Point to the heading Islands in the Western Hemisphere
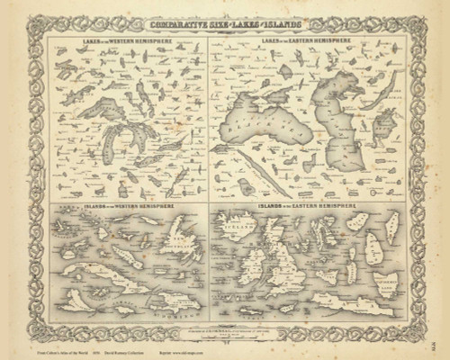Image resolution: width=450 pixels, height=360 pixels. [x=121, y=207]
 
